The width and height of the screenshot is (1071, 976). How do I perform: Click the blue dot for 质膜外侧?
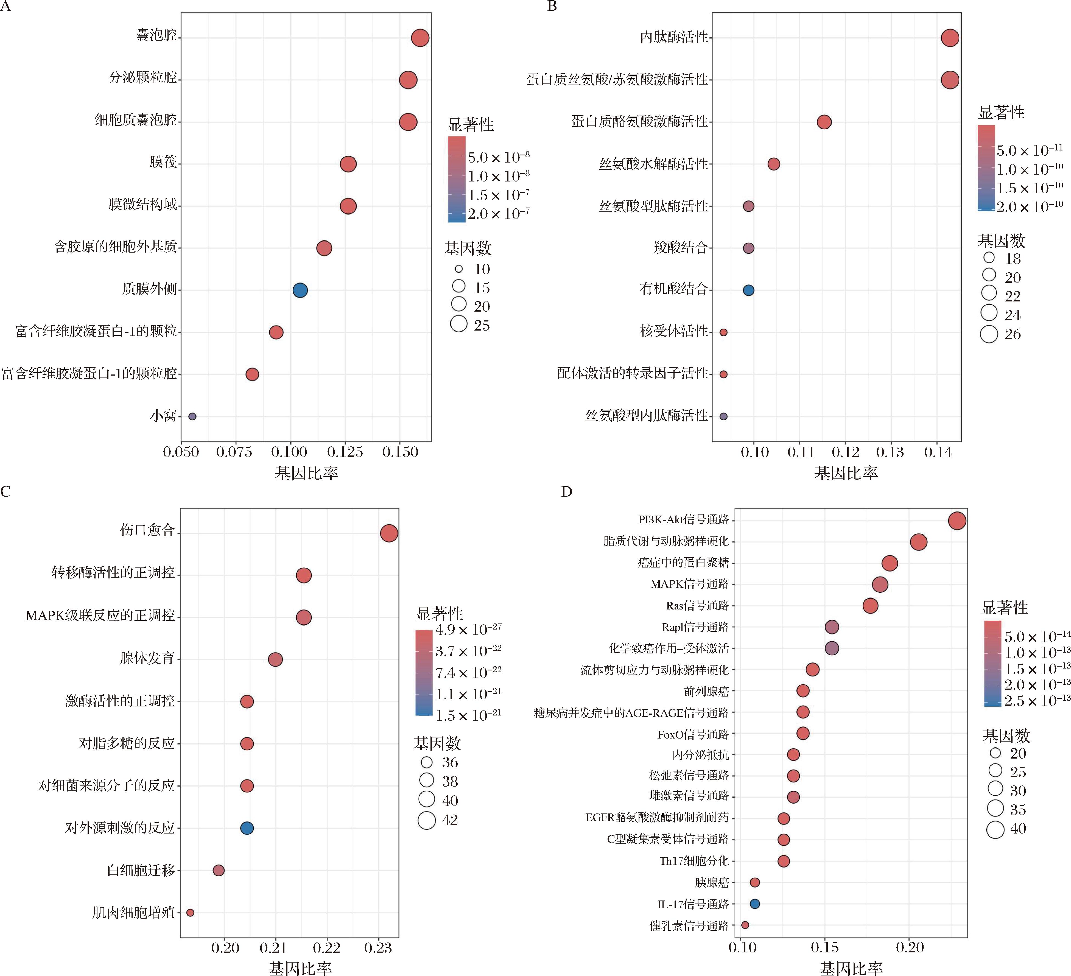[300, 290]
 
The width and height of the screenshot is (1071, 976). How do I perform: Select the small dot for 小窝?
[192, 416]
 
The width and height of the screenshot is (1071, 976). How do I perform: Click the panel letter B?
[552, 6]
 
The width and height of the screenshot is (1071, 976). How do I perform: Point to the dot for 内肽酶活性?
[950, 38]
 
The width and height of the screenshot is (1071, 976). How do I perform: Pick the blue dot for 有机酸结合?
[748, 290]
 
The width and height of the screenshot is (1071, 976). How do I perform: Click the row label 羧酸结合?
[681, 248]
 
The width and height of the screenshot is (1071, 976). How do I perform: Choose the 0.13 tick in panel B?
[890, 452]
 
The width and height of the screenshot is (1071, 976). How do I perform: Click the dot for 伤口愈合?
[389, 533]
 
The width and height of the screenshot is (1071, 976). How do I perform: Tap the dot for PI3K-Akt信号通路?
[957, 521]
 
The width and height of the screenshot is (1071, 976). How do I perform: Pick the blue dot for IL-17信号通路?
[754, 903]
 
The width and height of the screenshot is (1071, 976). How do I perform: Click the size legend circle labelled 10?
[458, 269]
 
